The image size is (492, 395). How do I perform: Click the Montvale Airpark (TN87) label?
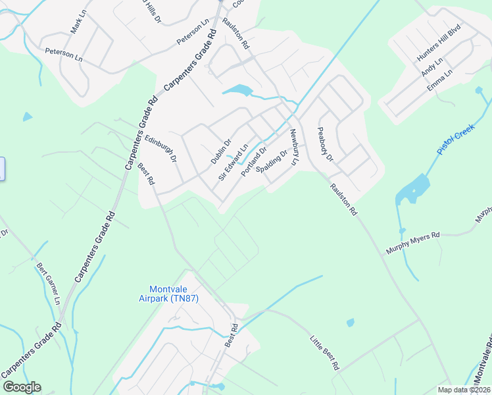174,294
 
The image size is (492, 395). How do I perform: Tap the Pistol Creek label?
456,140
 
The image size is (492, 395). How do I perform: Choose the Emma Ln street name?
439,80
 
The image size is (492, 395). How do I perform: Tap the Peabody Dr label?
326,145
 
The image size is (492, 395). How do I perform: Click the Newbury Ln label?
294,147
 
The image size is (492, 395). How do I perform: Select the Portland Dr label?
253,161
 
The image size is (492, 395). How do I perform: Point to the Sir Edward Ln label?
232,163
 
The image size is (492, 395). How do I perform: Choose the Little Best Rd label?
324,352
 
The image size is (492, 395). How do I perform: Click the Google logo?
22,387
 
